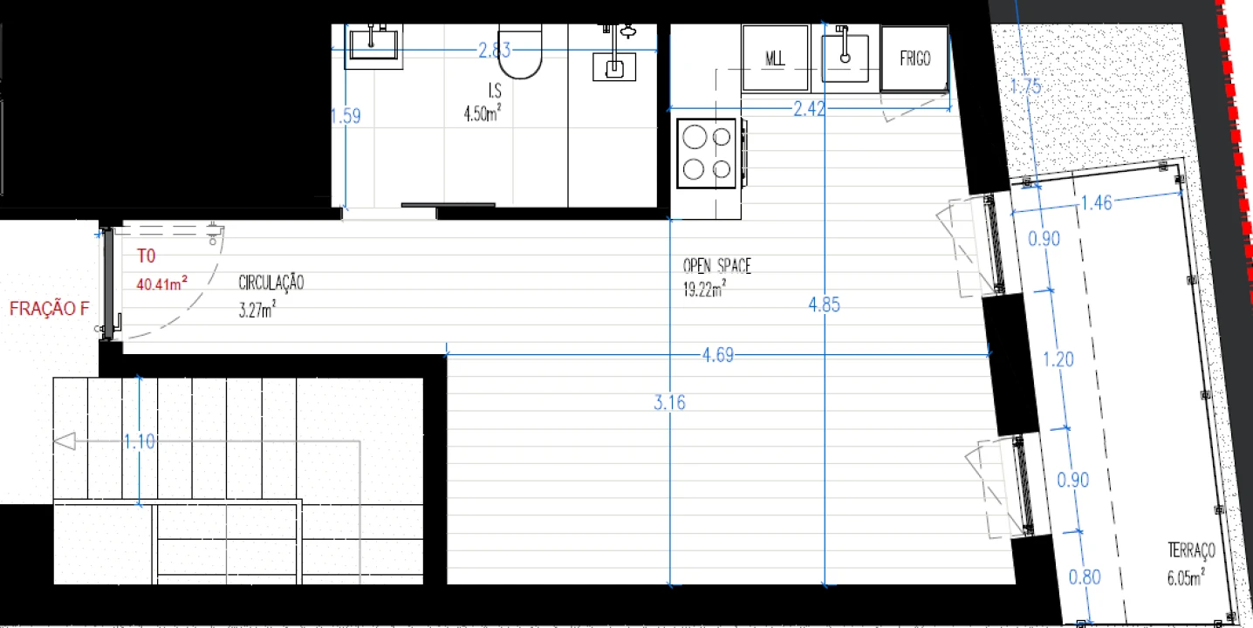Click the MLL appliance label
click(x=775, y=58)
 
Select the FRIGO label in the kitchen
click(x=914, y=58)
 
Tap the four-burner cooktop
click(x=708, y=154)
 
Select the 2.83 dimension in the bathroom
click(x=494, y=51)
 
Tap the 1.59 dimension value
click(x=346, y=116)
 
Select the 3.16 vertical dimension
click(x=669, y=403)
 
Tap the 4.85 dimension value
click(x=825, y=305)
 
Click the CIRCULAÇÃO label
click(x=270, y=283)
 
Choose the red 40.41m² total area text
click(x=162, y=283)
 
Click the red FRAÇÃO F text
click(x=50, y=309)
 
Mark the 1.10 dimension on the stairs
click(x=140, y=442)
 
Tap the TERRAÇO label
click(x=1191, y=551)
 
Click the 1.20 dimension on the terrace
click(x=1058, y=359)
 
